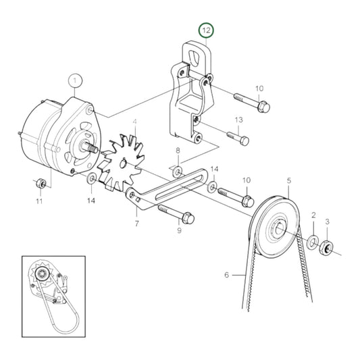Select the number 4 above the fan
click(135, 122)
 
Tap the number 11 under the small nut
click(38, 201)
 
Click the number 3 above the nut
click(328, 221)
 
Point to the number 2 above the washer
click(313, 215)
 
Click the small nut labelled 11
click(40, 183)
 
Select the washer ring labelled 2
click(313, 241)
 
